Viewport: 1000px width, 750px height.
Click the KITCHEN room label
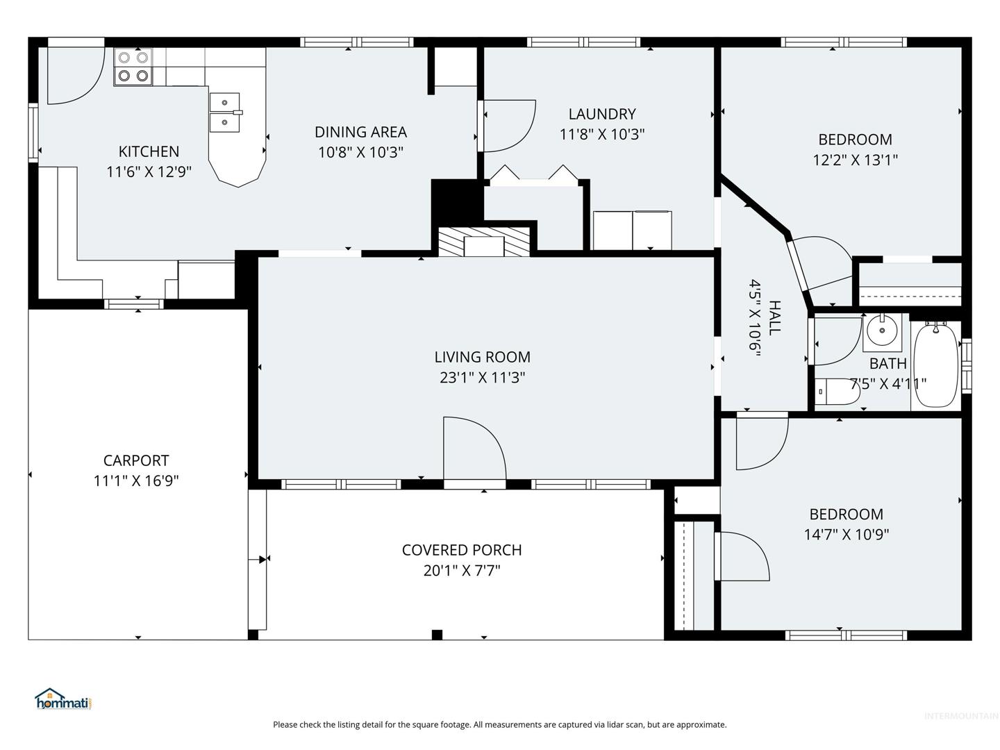click(149, 151)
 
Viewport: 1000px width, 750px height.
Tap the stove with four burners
click(133, 67)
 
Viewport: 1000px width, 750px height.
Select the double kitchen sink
click(224, 112)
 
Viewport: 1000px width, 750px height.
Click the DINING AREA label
click(360, 132)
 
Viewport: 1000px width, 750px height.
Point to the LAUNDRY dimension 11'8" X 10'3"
click(602, 134)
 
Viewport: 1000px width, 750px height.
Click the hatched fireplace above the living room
click(484, 242)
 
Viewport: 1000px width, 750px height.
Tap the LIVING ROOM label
click(482, 357)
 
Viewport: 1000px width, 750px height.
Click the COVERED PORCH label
click(462, 550)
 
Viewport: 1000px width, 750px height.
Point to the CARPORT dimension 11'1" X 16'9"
click(135, 481)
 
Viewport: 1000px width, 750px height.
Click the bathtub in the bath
click(935, 365)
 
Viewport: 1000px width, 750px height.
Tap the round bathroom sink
click(882, 330)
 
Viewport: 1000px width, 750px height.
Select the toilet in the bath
click(836, 392)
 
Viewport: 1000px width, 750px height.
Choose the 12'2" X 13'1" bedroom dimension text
click(855, 160)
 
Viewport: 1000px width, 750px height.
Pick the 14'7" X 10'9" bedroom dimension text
click(846, 534)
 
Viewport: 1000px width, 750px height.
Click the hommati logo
click(63, 699)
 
